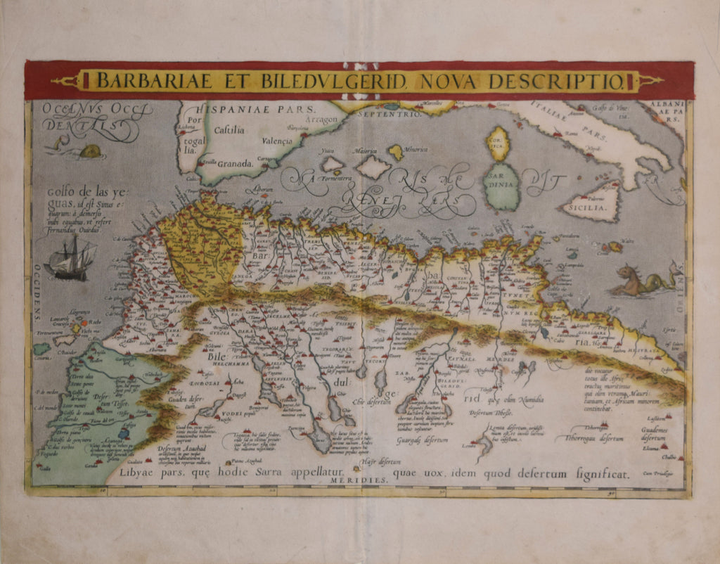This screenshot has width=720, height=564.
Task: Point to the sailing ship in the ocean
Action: [70, 259]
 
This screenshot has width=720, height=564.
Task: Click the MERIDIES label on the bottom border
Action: [366, 480]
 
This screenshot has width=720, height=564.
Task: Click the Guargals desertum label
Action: [423, 440]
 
